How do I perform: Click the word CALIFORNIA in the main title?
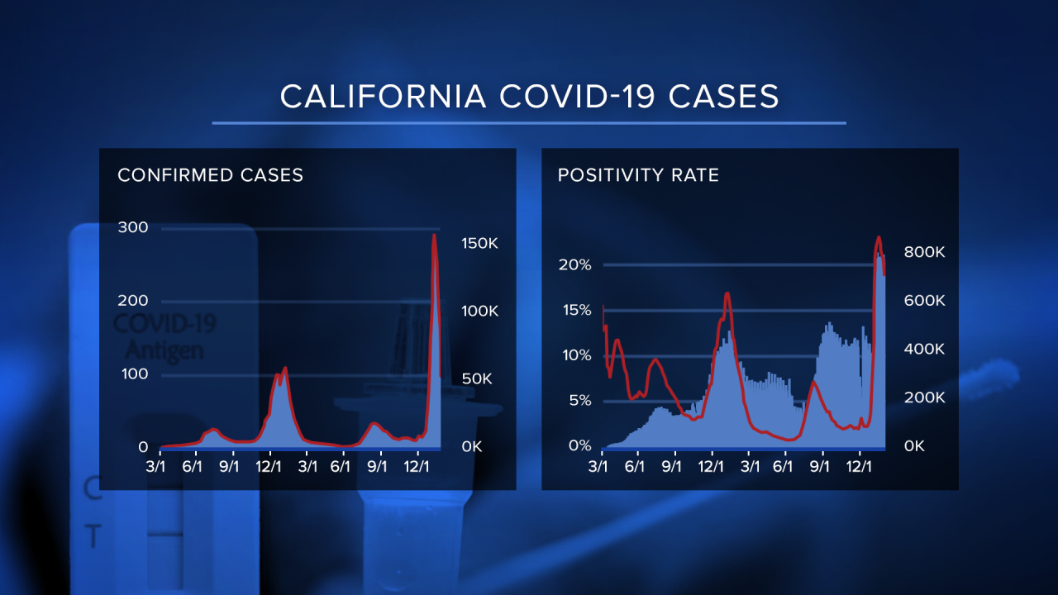(x=384, y=97)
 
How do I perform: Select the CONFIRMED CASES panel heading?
(x=211, y=175)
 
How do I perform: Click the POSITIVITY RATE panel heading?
(x=638, y=175)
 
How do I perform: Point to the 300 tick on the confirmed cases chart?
(x=133, y=227)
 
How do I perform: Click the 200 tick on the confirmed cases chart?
(x=133, y=301)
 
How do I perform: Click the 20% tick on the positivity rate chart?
(x=575, y=264)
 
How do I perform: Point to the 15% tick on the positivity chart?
(x=575, y=310)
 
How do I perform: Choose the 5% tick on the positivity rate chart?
(x=579, y=401)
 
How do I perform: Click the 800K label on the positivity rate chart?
(x=924, y=253)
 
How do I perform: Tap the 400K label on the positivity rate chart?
(x=924, y=350)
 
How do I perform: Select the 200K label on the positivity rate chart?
(x=924, y=397)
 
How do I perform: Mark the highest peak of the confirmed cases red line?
(x=435, y=236)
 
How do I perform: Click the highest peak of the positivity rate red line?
(x=879, y=238)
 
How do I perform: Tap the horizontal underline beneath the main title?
(x=529, y=123)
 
